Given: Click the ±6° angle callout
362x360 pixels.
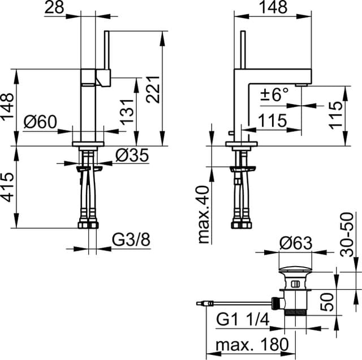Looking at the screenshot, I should (x=274, y=95).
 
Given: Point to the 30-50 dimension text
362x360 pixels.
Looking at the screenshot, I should (x=350, y=235).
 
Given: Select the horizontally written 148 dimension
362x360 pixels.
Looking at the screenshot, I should (x=273, y=8).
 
